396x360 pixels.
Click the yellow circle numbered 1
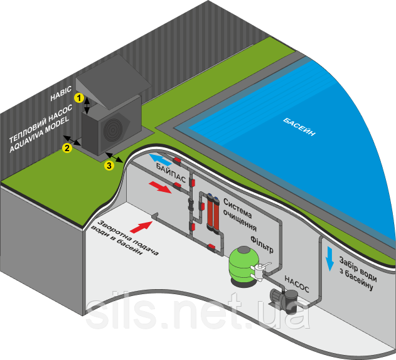tap(78, 98)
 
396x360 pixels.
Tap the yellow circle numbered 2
tap(66, 148)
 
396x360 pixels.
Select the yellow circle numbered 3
tap(109, 166)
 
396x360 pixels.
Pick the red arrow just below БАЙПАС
tap(160, 187)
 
